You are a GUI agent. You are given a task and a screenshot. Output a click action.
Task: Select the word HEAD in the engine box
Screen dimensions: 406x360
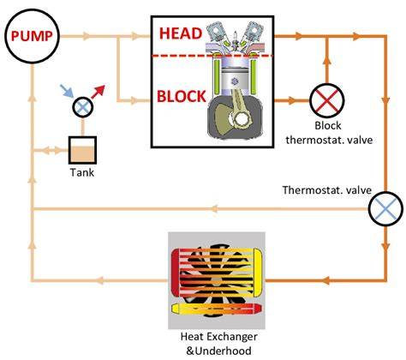[181, 33]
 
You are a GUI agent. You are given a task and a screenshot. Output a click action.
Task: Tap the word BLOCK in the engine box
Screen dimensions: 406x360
[182, 96]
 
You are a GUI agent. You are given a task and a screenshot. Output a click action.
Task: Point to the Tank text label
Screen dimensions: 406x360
[82, 172]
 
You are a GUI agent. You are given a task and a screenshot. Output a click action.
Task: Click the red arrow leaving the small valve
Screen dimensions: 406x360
[99, 92]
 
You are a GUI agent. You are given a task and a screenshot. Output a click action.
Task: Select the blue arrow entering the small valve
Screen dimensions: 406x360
[67, 91]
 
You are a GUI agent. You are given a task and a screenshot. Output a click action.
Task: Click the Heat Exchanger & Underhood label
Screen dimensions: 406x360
[218, 343]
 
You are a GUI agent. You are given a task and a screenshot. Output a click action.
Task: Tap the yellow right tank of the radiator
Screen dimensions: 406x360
[258, 272]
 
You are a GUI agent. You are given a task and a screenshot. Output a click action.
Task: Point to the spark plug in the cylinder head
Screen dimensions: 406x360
[236, 40]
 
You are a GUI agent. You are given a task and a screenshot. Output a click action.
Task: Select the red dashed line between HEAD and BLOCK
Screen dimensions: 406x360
[212, 56]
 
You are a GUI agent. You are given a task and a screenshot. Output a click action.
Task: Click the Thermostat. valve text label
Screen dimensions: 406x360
[327, 190]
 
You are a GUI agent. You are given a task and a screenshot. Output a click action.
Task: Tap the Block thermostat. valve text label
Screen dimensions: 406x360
[329, 133]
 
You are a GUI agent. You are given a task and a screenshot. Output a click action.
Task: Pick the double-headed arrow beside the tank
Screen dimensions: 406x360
[51, 150]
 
